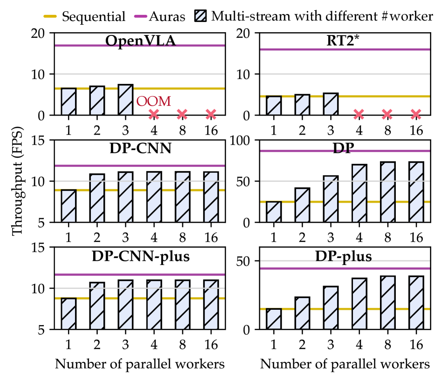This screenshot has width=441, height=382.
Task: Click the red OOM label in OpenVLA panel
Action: pyautogui.click(x=153, y=101)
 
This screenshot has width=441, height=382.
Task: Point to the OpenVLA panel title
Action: pyautogui.click(x=140, y=41)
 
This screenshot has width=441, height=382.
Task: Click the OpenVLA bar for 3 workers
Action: pyautogui.click(x=125, y=100)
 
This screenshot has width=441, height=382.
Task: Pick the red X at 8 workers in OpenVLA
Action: pyautogui.click(x=182, y=114)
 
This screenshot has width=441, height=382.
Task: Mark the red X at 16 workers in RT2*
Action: pyautogui.click(x=416, y=114)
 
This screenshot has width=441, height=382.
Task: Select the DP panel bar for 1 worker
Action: pyautogui.click(x=274, y=211)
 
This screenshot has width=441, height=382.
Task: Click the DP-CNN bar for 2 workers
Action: pyautogui.click(x=97, y=198)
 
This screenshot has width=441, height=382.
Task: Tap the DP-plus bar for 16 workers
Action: pyautogui.click(x=416, y=303)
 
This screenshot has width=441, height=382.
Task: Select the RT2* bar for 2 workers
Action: pyautogui.click(x=302, y=105)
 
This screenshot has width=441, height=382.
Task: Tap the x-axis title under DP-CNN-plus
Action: pyautogui.click(x=140, y=364)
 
